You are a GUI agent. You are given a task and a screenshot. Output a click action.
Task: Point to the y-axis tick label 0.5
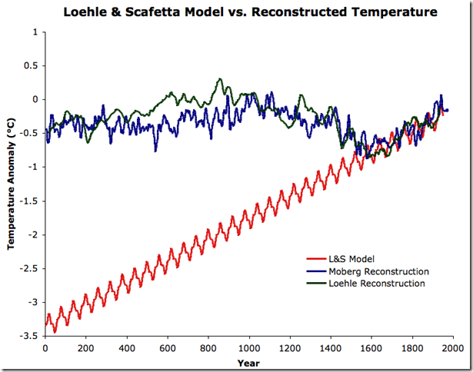[31, 66]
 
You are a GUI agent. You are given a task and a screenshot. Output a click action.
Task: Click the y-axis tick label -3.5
[28, 337]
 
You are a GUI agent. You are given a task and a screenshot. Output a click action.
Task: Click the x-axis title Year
[248, 362]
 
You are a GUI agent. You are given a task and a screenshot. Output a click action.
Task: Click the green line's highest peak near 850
[220, 79]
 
